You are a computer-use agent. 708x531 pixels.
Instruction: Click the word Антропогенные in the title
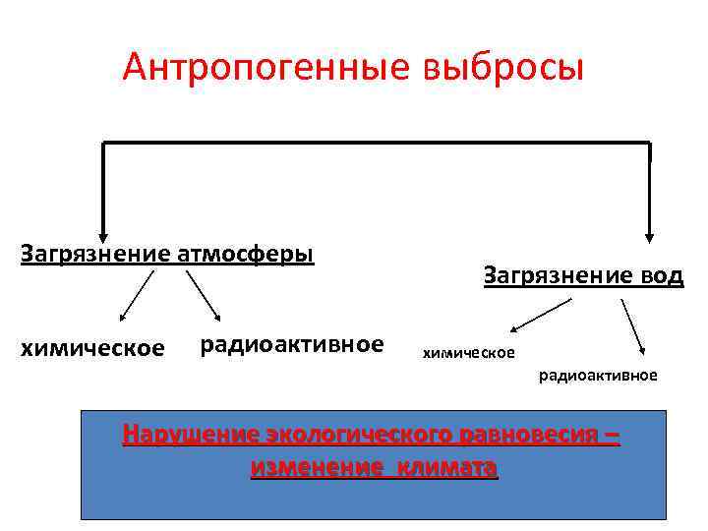click(x=265, y=68)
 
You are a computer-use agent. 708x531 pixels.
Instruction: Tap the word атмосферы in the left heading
click(x=246, y=254)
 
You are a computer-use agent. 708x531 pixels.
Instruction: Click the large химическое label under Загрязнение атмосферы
click(x=92, y=347)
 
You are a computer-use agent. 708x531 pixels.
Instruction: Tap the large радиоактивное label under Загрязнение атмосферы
click(x=291, y=344)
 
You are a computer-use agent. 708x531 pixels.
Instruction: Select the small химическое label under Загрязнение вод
click(x=468, y=351)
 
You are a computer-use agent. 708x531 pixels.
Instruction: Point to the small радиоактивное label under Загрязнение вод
click(x=598, y=376)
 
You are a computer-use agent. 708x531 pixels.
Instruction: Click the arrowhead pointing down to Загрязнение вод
click(x=649, y=234)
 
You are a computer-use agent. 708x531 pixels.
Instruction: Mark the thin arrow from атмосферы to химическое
click(x=137, y=296)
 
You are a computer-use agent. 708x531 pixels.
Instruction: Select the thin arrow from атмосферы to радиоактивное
click(x=204, y=296)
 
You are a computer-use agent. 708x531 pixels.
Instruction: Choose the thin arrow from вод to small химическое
click(x=541, y=316)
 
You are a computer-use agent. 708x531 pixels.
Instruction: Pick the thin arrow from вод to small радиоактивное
click(x=632, y=325)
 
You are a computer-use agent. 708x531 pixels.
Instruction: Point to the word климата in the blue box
click(x=448, y=466)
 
